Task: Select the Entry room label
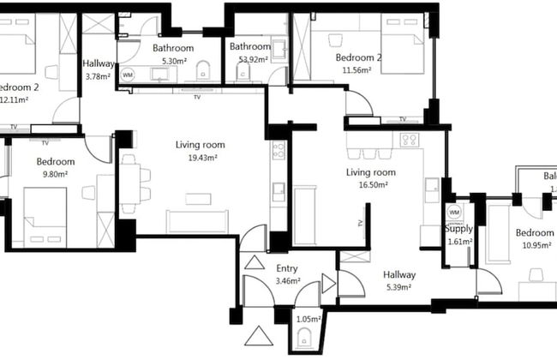coord(286,268)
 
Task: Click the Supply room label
coord(458,229)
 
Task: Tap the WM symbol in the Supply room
coord(454,211)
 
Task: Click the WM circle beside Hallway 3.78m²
coord(128,75)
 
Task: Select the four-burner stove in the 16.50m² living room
coord(409,140)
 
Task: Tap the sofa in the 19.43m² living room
coord(197,221)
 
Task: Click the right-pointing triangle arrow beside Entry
coord(327,283)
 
